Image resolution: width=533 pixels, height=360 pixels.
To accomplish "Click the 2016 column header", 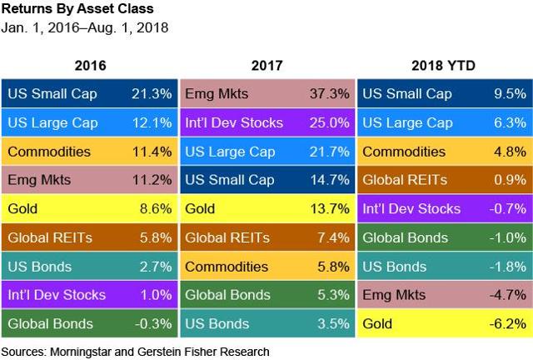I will click(x=90, y=65).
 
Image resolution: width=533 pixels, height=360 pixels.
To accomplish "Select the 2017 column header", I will click(x=267, y=65).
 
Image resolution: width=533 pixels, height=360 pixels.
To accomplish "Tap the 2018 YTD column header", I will click(x=445, y=65).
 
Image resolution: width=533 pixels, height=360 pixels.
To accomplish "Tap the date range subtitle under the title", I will click(x=86, y=28).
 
